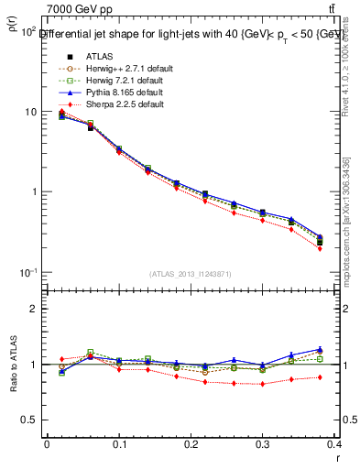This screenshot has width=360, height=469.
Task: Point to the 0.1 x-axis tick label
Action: [119, 443]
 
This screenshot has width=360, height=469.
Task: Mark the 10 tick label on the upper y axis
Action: [29, 112]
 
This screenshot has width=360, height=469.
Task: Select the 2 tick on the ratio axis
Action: [32, 309]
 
